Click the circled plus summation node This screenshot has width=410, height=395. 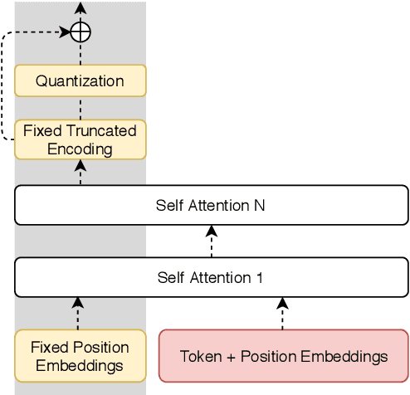pos(81,32)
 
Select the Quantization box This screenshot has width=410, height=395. pos(81,81)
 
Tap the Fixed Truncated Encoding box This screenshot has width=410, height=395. pos(81,139)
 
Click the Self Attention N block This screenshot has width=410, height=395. pos(212,205)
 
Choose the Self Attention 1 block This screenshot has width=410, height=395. pos(212,277)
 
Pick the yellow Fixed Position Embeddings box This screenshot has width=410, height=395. pos(81,355)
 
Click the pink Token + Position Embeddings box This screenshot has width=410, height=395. pos(283,356)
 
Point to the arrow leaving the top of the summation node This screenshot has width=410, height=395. pos(81,10)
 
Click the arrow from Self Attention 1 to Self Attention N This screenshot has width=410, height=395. pos(212,241)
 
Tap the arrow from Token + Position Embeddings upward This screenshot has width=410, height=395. pos(283,313)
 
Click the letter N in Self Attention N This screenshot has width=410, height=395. pos(260,205)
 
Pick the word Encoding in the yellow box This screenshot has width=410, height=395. pos(80,149)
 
